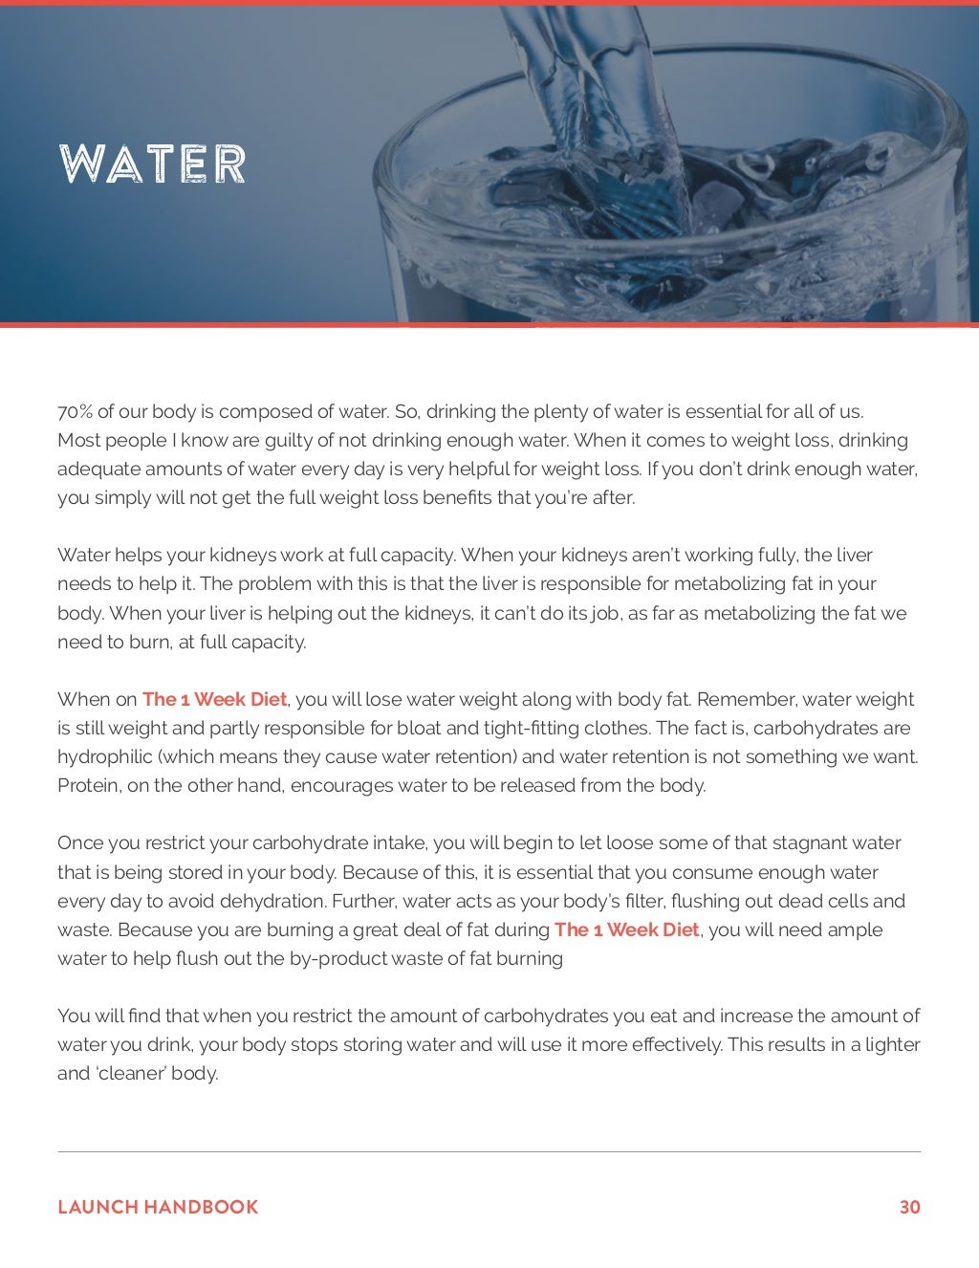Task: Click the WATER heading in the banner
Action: [152, 164]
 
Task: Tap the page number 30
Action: [909, 1207]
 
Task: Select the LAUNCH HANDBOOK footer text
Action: [158, 1207]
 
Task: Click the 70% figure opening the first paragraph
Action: [75, 412]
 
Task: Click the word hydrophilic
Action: [104, 757]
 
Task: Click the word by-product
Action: [337, 958]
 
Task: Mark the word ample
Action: [855, 929]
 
